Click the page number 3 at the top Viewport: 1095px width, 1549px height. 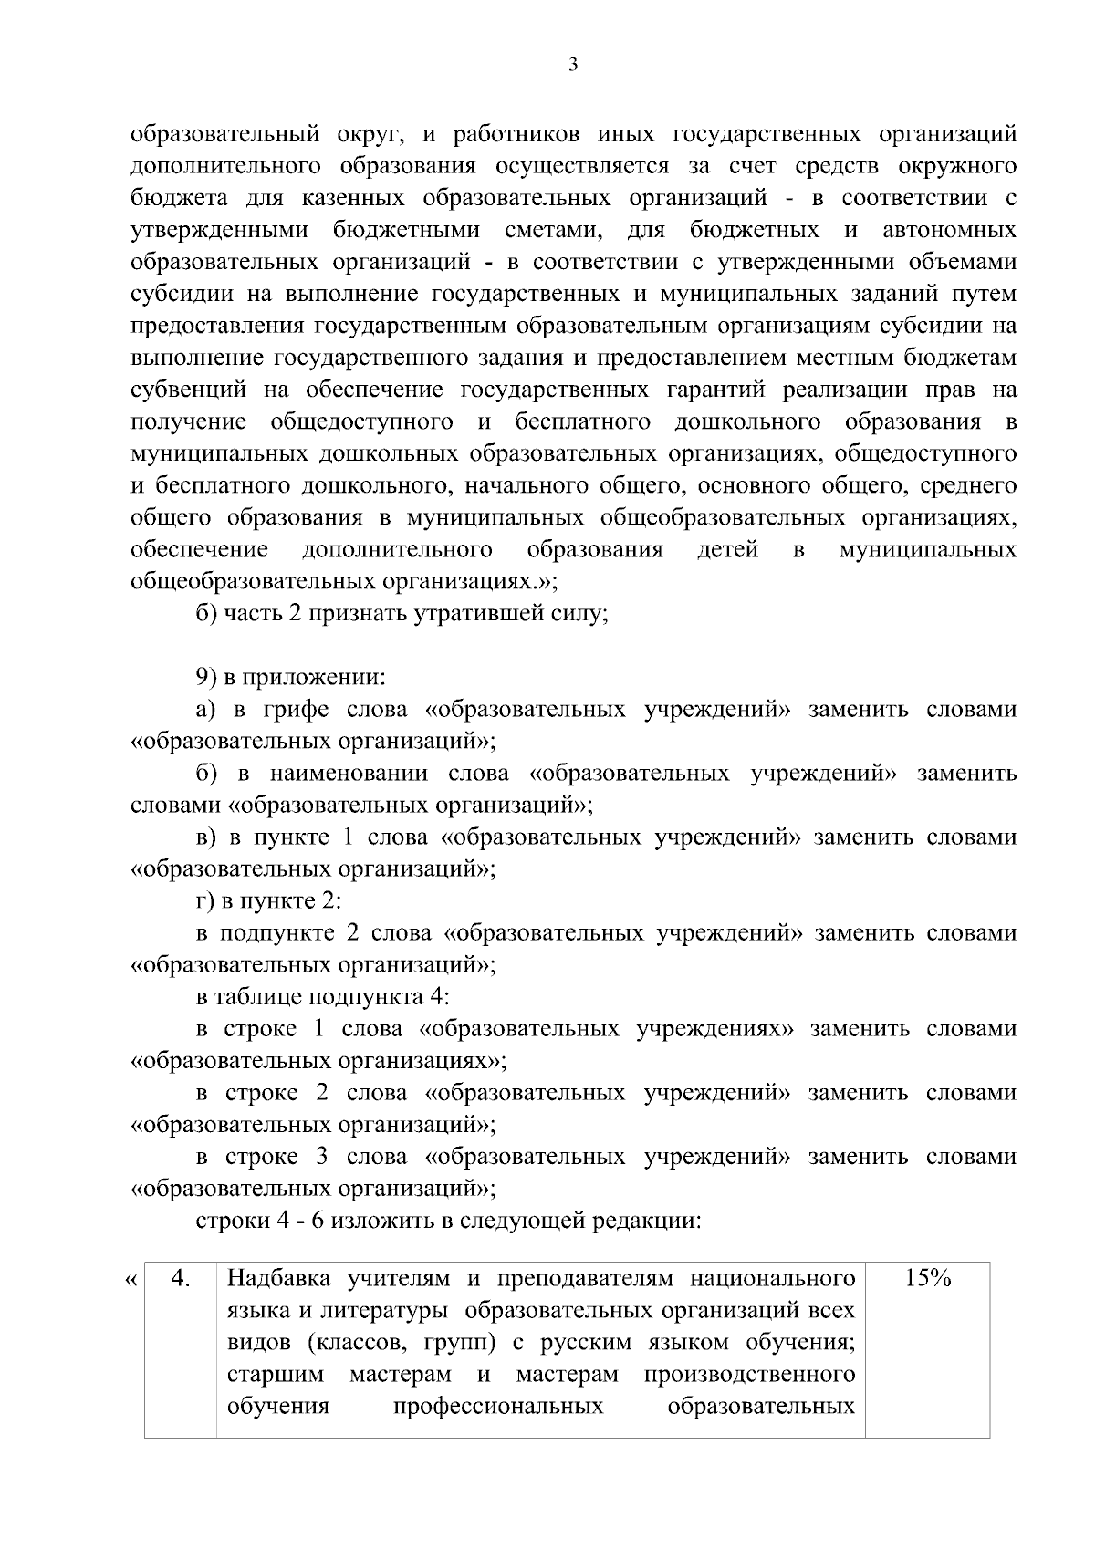pos(572,65)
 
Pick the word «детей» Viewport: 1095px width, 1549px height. pos(727,551)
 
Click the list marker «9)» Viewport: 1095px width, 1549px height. pos(208,679)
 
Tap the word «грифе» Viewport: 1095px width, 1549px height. pos(296,711)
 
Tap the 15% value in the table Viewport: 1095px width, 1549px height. pos(927,1279)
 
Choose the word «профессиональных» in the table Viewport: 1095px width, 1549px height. pos(498,1406)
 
